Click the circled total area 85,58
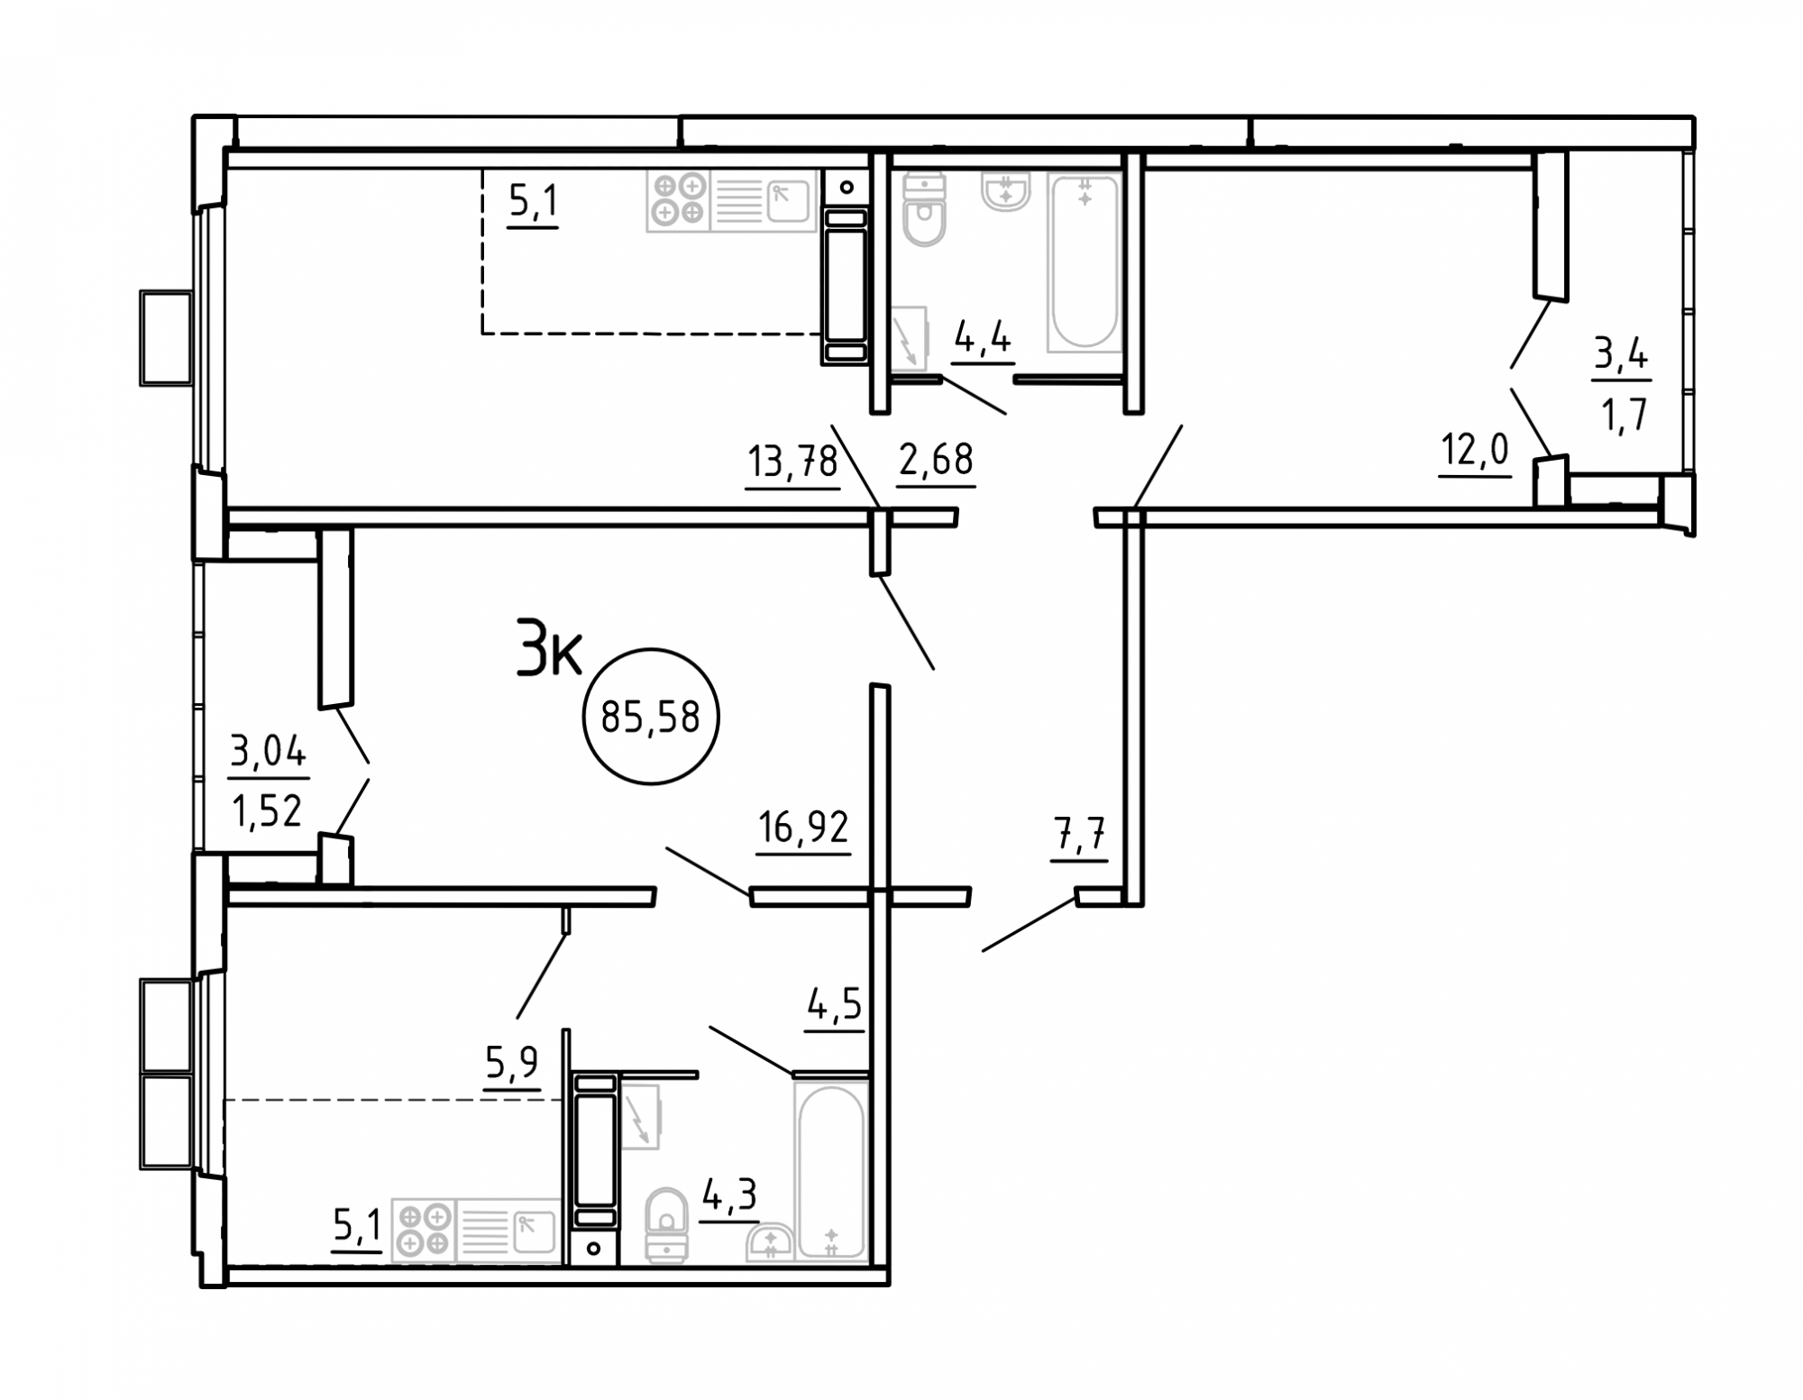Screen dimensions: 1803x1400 point(651,718)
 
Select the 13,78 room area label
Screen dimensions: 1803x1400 point(793,462)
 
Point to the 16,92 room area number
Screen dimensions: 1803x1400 point(803,828)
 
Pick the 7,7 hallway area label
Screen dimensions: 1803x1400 point(1078,835)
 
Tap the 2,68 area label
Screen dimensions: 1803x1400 point(936,460)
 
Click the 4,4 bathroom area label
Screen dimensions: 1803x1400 point(983,340)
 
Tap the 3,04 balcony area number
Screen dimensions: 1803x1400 point(269,751)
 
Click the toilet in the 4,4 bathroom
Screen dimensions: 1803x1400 point(924,211)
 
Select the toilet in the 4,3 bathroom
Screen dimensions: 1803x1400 point(667,1224)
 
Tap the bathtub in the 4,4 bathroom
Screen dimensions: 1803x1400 point(1085,261)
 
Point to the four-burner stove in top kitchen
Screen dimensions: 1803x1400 point(679,199)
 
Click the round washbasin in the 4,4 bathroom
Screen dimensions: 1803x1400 point(1005,192)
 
